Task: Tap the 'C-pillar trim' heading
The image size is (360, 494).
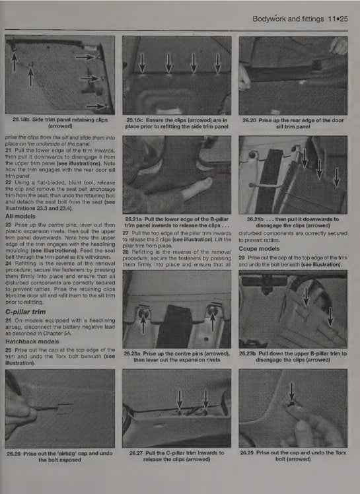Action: click(x=27, y=311)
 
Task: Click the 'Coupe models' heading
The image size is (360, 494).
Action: click(x=262, y=248)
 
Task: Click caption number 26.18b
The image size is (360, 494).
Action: click(x=24, y=119)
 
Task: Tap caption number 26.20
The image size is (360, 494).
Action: click(x=251, y=120)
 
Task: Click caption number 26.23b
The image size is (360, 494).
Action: click(x=250, y=353)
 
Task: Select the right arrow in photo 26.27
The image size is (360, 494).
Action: click(x=205, y=399)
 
